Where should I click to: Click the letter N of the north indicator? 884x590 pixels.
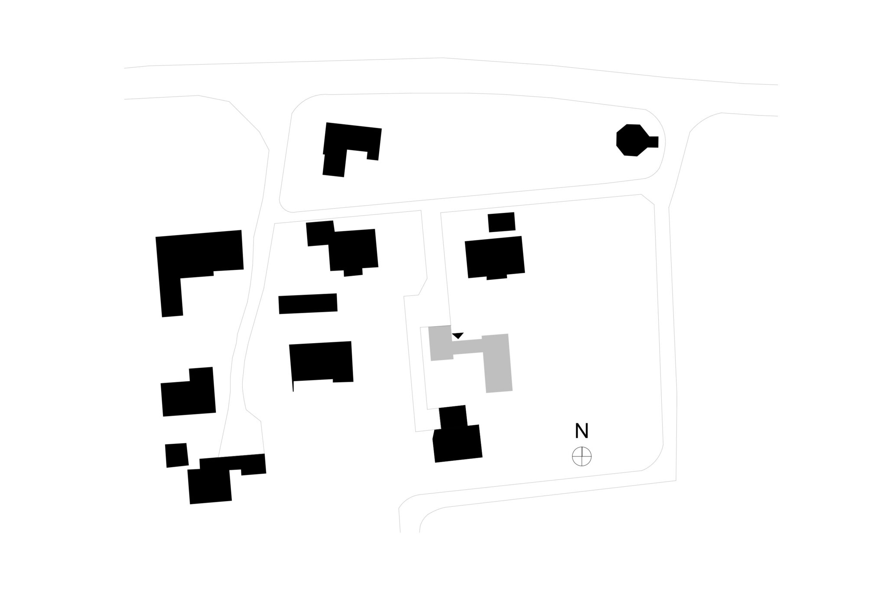(x=582, y=431)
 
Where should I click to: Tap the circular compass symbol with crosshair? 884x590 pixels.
(x=582, y=456)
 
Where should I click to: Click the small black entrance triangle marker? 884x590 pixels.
(x=458, y=335)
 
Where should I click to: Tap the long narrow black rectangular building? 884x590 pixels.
(x=308, y=304)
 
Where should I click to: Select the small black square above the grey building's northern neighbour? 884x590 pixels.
(x=501, y=222)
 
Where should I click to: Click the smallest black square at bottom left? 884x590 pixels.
(x=176, y=455)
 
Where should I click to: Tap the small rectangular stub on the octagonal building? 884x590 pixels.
(x=653, y=142)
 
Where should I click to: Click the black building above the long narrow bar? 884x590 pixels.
(x=342, y=248)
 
